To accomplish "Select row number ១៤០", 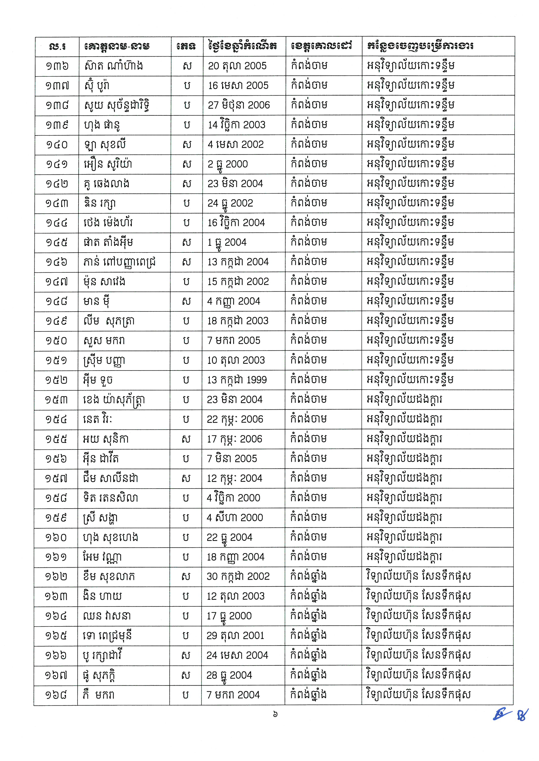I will pyautogui.click(x=57, y=145).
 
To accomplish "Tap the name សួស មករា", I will pyautogui.click(x=104, y=340).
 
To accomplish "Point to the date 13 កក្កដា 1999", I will pyautogui.click(x=237, y=380).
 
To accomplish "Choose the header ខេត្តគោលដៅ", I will pyautogui.click(x=321, y=46).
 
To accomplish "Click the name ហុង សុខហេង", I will pyautogui.click(x=111, y=537).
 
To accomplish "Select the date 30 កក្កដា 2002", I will pyautogui.click(x=238, y=576).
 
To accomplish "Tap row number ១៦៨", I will pyautogui.click(x=56, y=695).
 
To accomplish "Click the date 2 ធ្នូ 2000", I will pyautogui.click(x=228, y=164).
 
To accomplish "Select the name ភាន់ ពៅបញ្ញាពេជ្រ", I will pyautogui.click(x=120, y=262).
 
